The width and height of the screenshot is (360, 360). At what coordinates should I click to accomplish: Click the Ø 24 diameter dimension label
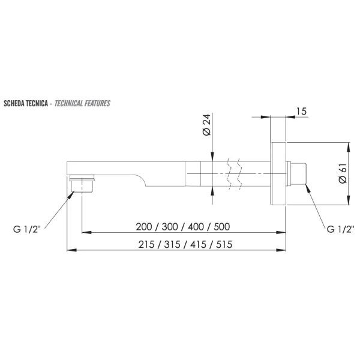click(x=206, y=125)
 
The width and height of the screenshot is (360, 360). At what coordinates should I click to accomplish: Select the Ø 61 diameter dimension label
click(x=343, y=173)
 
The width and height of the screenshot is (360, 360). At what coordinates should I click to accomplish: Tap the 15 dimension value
click(x=301, y=112)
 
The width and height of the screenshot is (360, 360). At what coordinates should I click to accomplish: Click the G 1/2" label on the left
click(x=27, y=229)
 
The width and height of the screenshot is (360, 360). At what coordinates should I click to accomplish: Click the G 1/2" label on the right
click(x=340, y=229)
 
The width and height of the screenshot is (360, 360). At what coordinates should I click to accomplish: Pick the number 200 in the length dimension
click(x=144, y=227)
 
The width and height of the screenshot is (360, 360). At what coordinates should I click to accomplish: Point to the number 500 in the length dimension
click(x=222, y=227)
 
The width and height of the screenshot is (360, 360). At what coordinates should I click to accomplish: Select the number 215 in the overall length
click(x=146, y=244)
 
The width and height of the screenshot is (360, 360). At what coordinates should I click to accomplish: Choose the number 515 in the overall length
click(x=224, y=244)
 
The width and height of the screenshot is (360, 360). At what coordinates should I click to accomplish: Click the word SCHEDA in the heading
click(x=14, y=104)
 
